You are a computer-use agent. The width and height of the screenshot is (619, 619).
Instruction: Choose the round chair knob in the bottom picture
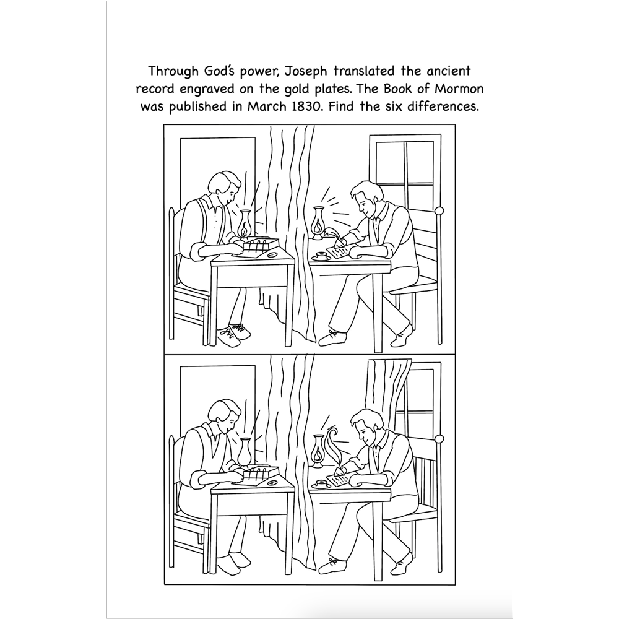point(439,438)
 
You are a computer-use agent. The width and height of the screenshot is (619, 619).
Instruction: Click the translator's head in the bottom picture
point(222,414)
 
